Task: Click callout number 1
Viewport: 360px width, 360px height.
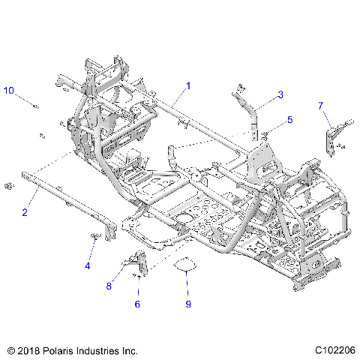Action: point(187,86)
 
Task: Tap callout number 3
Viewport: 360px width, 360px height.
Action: point(280,94)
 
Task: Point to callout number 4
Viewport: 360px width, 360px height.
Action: point(88,265)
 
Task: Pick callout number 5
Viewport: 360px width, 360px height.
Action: point(289,120)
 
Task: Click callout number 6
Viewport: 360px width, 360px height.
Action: point(136,304)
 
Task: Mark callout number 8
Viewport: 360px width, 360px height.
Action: point(109,285)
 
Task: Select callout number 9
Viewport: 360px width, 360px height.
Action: point(188,304)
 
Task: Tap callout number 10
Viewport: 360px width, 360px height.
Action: point(9,91)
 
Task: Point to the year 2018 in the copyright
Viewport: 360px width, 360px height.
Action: point(28,349)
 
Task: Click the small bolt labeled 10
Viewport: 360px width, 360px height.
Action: point(35,105)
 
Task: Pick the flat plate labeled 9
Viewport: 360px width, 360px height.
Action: point(185,263)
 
